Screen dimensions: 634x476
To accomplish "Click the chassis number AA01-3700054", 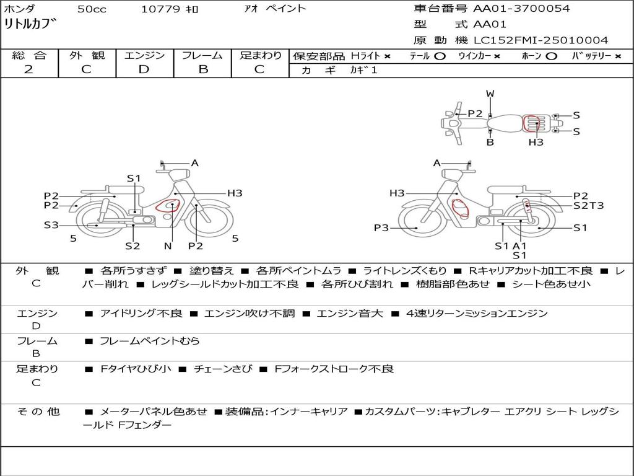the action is (x=521, y=9).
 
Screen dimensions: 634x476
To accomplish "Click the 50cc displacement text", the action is (x=92, y=9).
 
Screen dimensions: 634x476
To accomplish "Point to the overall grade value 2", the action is (x=28, y=69).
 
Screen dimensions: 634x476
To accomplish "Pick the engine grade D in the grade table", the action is (x=144, y=69).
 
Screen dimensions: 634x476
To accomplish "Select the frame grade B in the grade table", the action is (x=203, y=69).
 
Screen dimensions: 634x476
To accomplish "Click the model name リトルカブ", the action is (x=30, y=24).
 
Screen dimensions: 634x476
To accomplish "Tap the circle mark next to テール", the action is (x=440, y=56).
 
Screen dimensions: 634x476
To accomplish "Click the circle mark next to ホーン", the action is (x=551, y=56).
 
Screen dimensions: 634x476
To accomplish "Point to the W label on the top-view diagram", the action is (x=490, y=94).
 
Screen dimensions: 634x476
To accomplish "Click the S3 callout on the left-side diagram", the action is (x=51, y=225).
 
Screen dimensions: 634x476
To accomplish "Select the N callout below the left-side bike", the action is (x=168, y=245).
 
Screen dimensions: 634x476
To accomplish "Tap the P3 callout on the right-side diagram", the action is (x=381, y=228).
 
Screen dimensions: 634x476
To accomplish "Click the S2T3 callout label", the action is (x=588, y=206).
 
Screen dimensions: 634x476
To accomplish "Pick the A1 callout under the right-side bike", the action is (x=519, y=245).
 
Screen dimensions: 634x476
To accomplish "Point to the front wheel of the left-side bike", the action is (x=209, y=219).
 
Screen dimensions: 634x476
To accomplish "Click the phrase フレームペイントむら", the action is (x=150, y=341).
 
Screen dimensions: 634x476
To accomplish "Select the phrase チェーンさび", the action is (x=223, y=369).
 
